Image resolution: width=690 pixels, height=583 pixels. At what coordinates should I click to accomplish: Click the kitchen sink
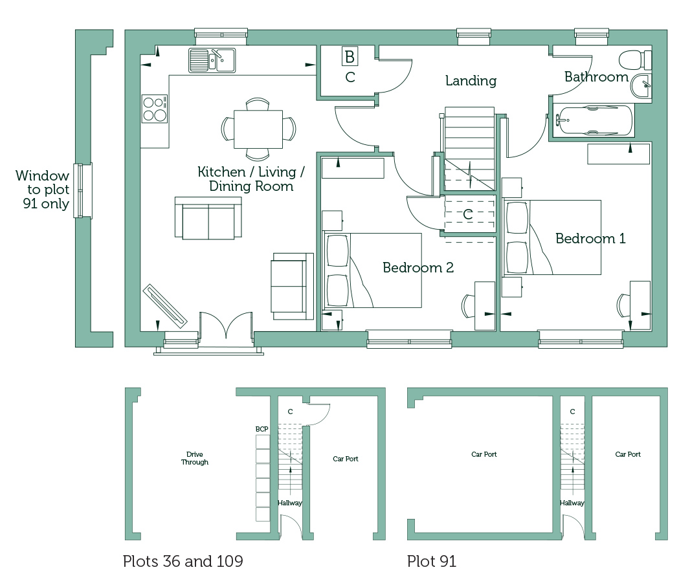pyautogui.click(x=212, y=60)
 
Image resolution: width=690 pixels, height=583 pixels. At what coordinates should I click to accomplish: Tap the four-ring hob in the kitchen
pyautogui.click(x=155, y=109)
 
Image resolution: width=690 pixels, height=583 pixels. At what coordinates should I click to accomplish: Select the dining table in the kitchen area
pyautogui.click(x=258, y=129)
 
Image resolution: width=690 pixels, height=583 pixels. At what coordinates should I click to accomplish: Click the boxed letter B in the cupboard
pyautogui.click(x=350, y=56)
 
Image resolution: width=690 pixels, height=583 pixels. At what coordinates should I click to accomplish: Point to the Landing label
pyautogui.click(x=471, y=80)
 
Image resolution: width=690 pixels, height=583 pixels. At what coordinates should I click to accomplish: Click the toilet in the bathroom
pyautogui.click(x=635, y=60)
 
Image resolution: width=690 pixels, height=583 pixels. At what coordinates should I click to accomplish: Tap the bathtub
pyautogui.click(x=591, y=120)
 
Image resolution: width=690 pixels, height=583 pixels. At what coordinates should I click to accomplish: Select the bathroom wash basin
pyautogui.click(x=641, y=86)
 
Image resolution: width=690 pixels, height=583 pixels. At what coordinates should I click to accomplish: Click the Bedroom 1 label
pyautogui.click(x=590, y=239)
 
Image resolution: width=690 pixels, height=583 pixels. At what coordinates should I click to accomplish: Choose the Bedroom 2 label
pyautogui.click(x=418, y=267)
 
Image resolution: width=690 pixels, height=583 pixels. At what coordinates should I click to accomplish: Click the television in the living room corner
pyautogui.click(x=165, y=306)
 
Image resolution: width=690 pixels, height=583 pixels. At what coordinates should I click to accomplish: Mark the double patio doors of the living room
pyautogui.click(x=226, y=325)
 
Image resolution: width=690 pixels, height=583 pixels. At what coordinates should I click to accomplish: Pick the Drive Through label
pyautogui.click(x=194, y=458)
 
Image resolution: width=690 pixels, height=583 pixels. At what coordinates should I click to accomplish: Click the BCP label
pyautogui.click(x=262, y=429)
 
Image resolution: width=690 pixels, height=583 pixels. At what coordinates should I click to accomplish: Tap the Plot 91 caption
pyautogui.click(x=432, y=562)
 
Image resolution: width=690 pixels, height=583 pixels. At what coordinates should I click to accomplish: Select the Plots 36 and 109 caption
pyautogui.click(x=183, y=562)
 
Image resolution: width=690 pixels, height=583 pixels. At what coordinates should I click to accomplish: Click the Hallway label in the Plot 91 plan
pyautogui.click(x=572, y=503)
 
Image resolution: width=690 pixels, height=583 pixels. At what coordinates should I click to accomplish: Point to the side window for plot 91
pyautogui.click(x=83, y=191)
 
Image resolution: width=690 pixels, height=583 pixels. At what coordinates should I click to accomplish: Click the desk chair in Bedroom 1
pyautogui.click(x=623, y=305)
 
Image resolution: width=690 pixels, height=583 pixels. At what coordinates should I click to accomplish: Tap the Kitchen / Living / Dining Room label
pyautogui.click(x=251, y=179)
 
